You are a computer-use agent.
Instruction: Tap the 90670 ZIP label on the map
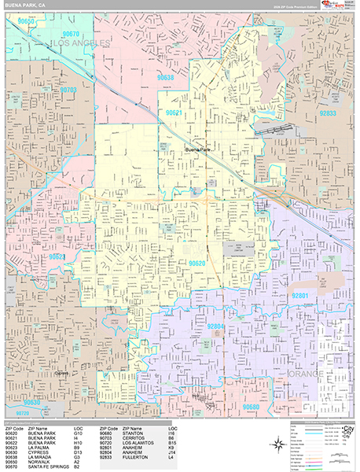coord(72,34)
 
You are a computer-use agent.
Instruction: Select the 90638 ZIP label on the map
coord(165,78)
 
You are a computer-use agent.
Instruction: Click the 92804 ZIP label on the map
coord(216,326)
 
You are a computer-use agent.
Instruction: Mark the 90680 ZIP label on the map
coord(252,407)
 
